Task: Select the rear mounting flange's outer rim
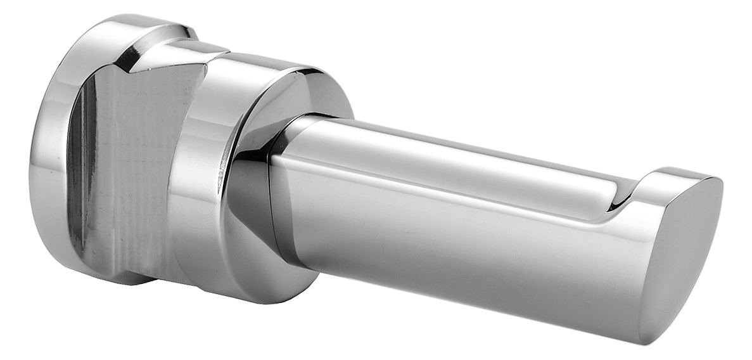(48, 158)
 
